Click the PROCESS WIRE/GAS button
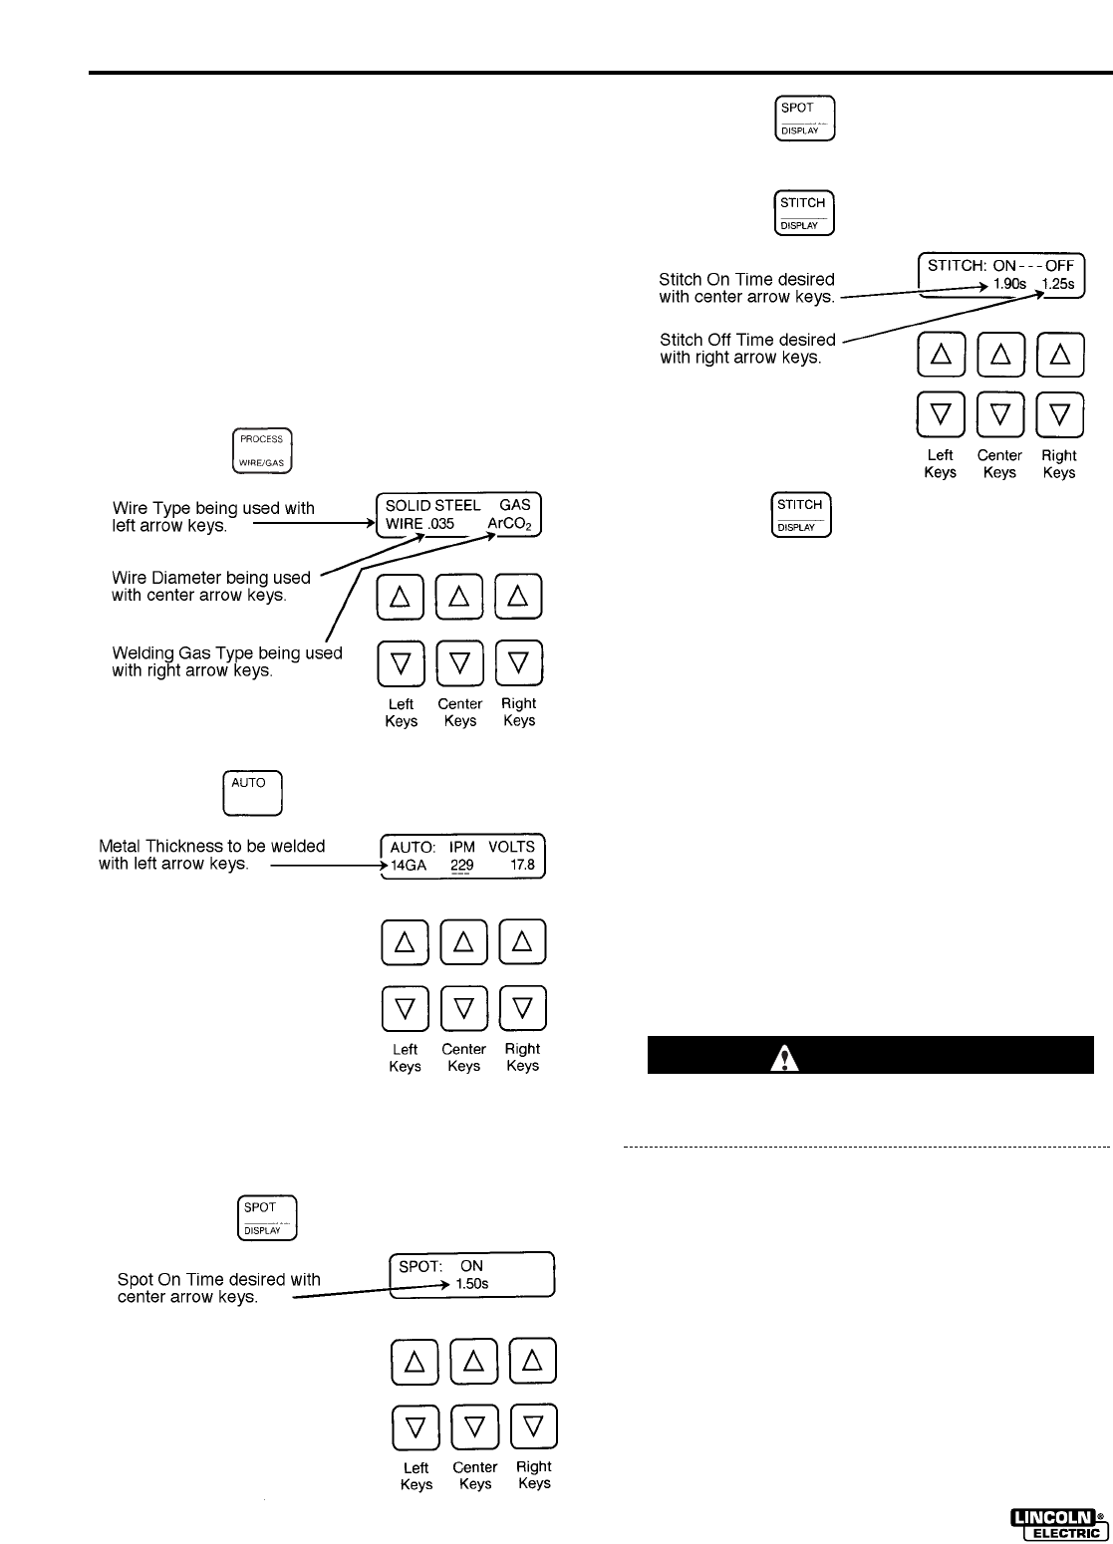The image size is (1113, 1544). point(262,450)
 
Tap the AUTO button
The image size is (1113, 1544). point(252,793)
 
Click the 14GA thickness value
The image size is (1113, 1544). point(409,866)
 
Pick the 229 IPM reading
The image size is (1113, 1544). point(461,866)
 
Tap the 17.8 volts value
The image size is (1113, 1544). point(523,866)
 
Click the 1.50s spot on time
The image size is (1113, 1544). point(472,1284)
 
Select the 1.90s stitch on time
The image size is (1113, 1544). point(1009,284)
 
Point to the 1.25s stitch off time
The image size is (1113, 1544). point(1058,284)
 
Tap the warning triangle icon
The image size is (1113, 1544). point(785,1058)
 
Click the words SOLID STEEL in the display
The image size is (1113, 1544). point(432,506)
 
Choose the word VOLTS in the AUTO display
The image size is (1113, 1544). point(511,847)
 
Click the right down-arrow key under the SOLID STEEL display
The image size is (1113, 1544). point(518,663)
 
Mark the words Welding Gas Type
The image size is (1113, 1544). point(175,653)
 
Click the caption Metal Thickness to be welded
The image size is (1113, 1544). point(212,846)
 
